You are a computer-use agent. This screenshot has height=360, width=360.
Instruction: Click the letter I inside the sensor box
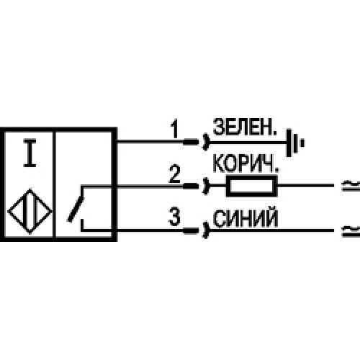30,153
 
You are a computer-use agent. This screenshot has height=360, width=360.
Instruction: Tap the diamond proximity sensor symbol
30,212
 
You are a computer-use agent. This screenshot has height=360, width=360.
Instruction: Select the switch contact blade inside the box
76,210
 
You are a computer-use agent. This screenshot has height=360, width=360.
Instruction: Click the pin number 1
175,129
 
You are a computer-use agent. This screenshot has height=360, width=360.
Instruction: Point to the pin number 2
174,174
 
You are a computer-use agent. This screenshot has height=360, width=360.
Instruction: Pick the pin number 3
174,217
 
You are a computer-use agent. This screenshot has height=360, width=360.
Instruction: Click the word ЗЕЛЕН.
245,127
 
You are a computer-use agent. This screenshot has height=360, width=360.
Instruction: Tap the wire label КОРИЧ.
246,164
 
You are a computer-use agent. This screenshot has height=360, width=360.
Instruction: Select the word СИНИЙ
246,218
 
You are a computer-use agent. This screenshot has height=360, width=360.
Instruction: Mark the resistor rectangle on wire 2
252,186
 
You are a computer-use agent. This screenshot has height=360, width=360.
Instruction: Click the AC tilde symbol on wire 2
351,186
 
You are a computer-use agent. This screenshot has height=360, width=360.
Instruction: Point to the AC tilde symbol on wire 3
351,231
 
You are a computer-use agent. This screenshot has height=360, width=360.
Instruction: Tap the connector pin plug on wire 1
191,142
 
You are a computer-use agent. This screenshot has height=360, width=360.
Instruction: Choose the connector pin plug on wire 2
191,186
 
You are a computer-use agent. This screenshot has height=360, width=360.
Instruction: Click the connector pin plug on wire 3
191,231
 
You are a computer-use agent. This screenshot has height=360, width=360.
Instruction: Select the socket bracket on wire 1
206,142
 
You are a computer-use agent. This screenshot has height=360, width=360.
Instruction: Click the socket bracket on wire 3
206,230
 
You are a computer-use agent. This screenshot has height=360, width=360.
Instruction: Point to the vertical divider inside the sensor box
54,184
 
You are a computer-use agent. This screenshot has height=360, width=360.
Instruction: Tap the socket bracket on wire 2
206,186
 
